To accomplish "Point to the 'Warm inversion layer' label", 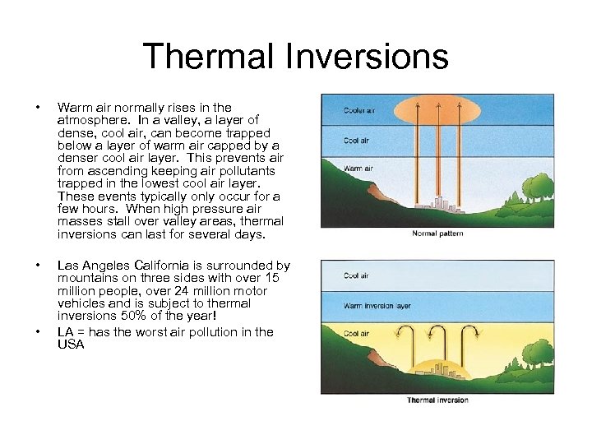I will (376, 306).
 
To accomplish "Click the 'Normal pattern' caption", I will (437, 234).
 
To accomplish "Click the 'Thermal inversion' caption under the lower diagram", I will (437, 400).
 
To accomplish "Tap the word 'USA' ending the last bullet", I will (71, 344).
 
